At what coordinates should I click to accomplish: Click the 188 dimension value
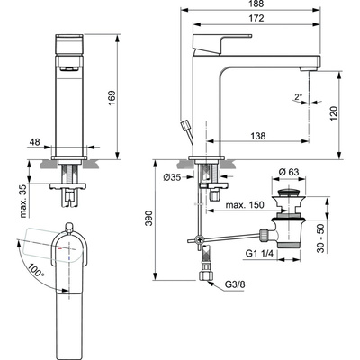(256, 4)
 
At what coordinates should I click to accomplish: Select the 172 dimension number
(256, 18)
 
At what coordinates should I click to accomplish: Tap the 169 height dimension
(112, 98)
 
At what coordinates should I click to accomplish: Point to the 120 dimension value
(334, 113)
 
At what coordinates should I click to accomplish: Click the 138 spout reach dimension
(258, 136)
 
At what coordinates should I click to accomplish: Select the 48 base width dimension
(35, 142)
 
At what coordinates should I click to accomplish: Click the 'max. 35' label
(23, 201)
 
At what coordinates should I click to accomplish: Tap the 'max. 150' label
(245, 205)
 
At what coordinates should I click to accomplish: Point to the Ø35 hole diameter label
(172, 177)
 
